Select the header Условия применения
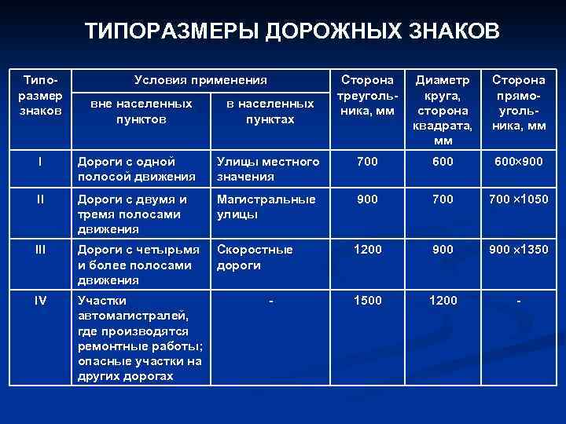tap(200, 79)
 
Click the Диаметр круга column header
tap(443, 110)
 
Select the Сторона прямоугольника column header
tap(518, 102)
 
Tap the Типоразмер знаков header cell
tap(39, 95)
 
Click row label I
tap(39, 162)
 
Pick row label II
tap(39, 199)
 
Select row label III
tap(39, 250)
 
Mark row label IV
tap(39, 300)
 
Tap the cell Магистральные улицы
tap(266, 207)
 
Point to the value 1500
tap(367, 300)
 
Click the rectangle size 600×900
tap(518, 162)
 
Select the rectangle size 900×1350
tap(518, 250)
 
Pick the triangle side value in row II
tap(367, 199)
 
